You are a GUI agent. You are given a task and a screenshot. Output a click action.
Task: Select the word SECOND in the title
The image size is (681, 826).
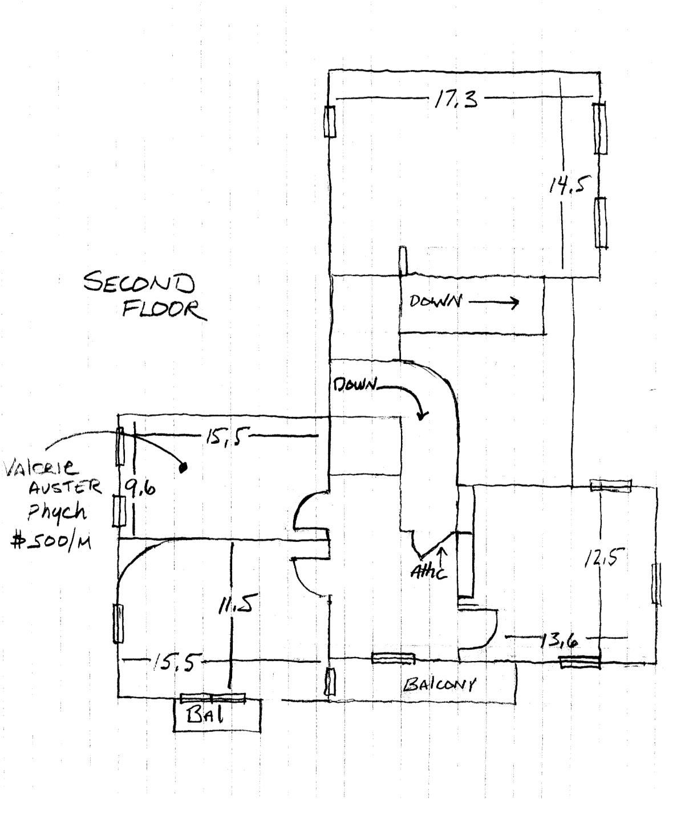139,283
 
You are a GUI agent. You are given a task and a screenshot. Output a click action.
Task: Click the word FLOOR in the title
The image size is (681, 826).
162,309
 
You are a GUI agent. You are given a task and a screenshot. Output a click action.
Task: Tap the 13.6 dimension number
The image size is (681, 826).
558,642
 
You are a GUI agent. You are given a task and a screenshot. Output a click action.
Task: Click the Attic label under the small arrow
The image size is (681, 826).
429,571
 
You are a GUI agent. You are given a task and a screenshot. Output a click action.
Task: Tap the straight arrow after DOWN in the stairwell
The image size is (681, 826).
493,302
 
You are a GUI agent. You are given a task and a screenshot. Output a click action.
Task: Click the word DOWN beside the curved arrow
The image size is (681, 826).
354,385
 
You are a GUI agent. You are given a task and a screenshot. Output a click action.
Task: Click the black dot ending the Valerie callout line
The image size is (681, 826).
184,468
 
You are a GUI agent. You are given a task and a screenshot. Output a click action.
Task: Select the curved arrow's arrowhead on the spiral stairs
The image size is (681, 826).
421,415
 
